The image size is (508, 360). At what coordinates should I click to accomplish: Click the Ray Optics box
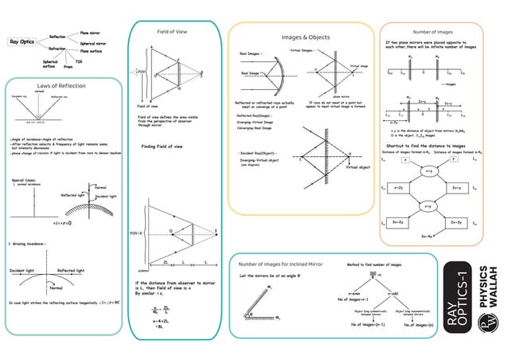pos(22,41)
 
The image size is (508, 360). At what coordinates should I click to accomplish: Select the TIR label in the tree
pos(79,61)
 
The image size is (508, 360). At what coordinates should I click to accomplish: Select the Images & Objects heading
pos(306,37)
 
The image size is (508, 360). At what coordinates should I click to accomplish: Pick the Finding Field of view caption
pos(163,147)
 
